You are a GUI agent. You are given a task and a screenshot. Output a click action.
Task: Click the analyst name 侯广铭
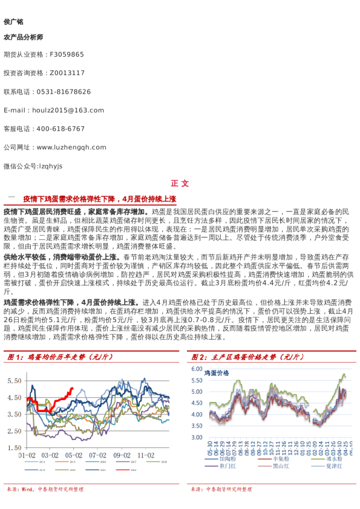[x=13, y=22]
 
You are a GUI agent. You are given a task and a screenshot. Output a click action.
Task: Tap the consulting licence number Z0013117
[x=67, y=73]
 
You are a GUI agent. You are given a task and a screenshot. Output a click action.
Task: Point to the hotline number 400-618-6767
[x=61, y=129]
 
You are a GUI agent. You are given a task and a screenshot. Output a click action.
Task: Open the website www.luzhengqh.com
[x=71, y=148]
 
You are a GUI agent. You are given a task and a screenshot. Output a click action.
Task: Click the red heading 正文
[x=180, y=184]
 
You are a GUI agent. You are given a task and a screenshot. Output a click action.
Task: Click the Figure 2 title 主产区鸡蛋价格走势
[x=253, y=357]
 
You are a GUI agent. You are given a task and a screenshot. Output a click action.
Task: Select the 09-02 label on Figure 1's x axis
[x=122, y=455]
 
